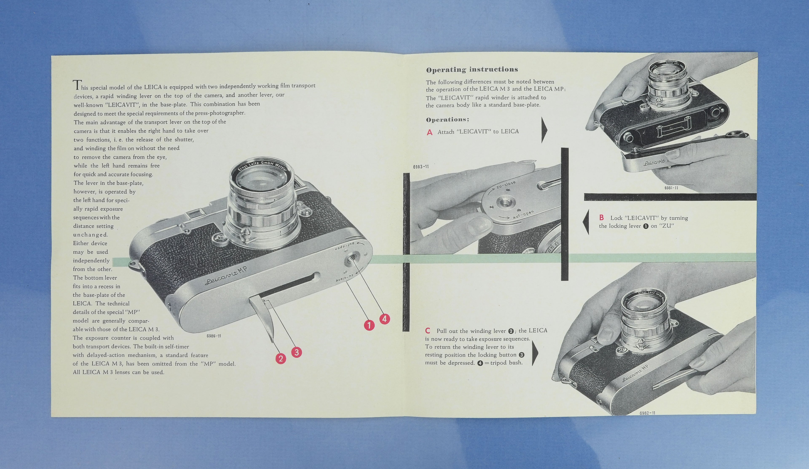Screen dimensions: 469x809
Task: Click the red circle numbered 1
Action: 369,325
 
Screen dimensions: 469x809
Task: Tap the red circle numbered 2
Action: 281,358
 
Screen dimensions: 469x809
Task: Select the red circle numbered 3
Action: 296,352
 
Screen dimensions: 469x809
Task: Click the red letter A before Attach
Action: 430,132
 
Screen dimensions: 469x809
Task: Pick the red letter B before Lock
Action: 601,217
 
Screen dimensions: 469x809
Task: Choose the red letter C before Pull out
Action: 428,331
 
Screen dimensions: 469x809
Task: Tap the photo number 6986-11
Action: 214,336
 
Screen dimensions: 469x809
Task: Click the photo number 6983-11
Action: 421,167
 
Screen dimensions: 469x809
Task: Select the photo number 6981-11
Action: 671,188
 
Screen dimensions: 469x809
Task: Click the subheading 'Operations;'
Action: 447,120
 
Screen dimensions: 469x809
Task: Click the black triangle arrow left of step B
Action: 586,222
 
